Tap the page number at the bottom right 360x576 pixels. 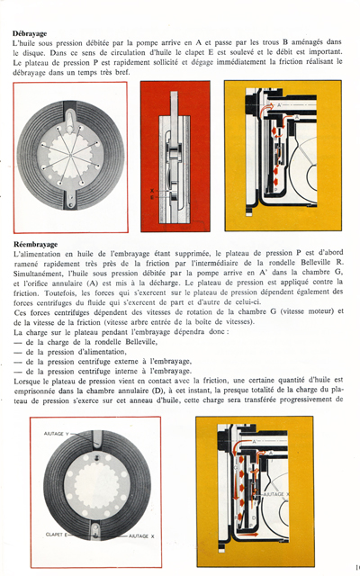click(356, 566)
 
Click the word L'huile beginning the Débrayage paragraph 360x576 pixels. click(27, 43)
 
